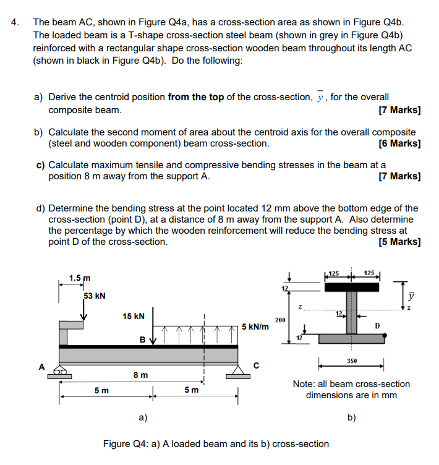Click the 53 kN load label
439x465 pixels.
pyautogui.click(x=94, y=296)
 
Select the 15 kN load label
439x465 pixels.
pyautogui.click(x=134, y=316)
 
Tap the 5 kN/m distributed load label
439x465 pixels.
pyautogui.click(x=255, y=326)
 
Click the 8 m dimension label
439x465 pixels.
pyautogui.click(x=140, y=375)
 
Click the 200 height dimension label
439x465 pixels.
pyautogui.click(x=279, y=320)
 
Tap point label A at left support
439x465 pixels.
pyautogui.click(x=42, y=366)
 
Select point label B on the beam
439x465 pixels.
pyautogui.click(x=142, y=339)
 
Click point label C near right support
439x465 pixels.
pyautogui.click(x=254, y=367)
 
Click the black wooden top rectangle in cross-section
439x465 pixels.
pyautogui.click(x=352, y=288)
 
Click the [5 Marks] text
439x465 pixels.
pyautogui.click(x=399, y=241)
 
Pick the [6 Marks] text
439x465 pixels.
pyautogui.click(x=399, y=143)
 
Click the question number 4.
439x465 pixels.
pyautogui.click(x=15, y=21)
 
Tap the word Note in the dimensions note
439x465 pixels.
pyautogui.click(x=305, y=384)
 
